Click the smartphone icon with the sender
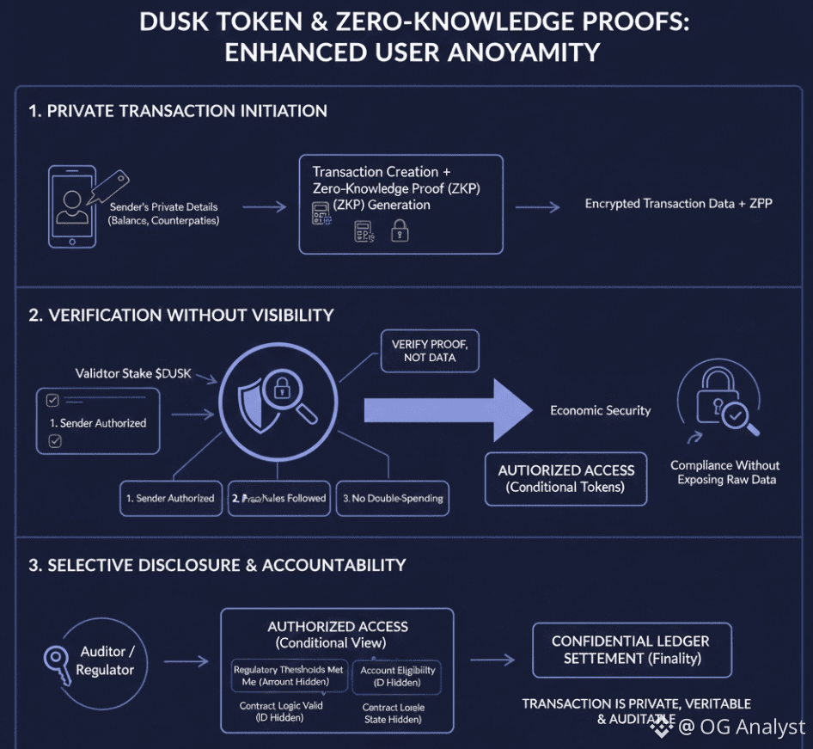pos(72,206)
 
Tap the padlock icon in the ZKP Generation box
pos(399,230)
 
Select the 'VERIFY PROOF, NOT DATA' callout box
pos(430,351)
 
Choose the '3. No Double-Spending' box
pos(392,498)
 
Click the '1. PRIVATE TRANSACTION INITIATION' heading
pos(178,111)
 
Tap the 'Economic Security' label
pos(600,410)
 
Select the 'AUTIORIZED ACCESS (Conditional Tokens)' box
pos(565,479)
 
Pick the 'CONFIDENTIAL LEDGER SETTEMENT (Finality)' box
pos(631,650)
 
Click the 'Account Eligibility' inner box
pos(397,677)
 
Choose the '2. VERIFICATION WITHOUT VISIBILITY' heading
pos(181,315)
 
